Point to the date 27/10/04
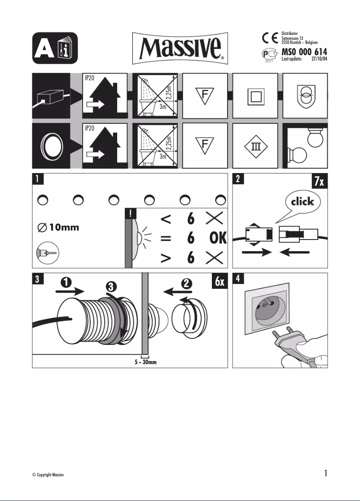(x=319, y=59)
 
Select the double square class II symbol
(x=254, y=97)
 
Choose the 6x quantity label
(x=220, y=282)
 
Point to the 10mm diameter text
(x=58, y=227)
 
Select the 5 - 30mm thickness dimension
(x=145, y=362)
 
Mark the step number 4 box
(x=238, y=278)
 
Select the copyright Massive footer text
(x=45, y=475)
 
